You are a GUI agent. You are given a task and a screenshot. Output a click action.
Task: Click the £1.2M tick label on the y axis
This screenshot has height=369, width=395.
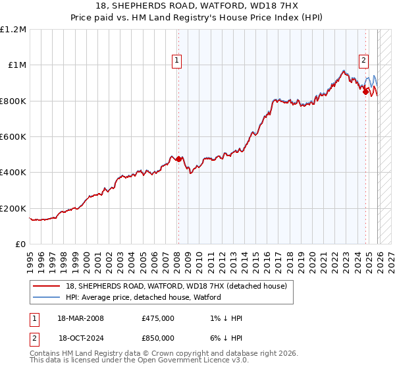point(13,30)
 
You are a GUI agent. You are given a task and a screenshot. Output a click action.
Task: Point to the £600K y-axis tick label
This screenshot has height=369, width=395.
point(13,137)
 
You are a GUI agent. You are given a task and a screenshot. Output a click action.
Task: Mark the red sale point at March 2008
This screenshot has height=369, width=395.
point(178,159)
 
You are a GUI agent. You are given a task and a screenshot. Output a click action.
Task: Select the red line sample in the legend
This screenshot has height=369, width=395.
point(47,287)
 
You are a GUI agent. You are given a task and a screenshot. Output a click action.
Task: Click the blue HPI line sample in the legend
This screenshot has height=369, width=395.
point(47,298)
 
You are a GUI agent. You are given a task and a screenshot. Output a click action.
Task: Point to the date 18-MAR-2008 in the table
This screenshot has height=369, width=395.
point(81,318)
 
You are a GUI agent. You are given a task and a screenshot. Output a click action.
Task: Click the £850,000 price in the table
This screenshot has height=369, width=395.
point(158,337)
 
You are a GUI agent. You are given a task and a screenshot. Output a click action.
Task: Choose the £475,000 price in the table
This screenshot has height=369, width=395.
point(158,318)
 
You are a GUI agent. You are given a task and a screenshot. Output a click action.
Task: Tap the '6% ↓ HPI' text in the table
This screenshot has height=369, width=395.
point(224,337)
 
